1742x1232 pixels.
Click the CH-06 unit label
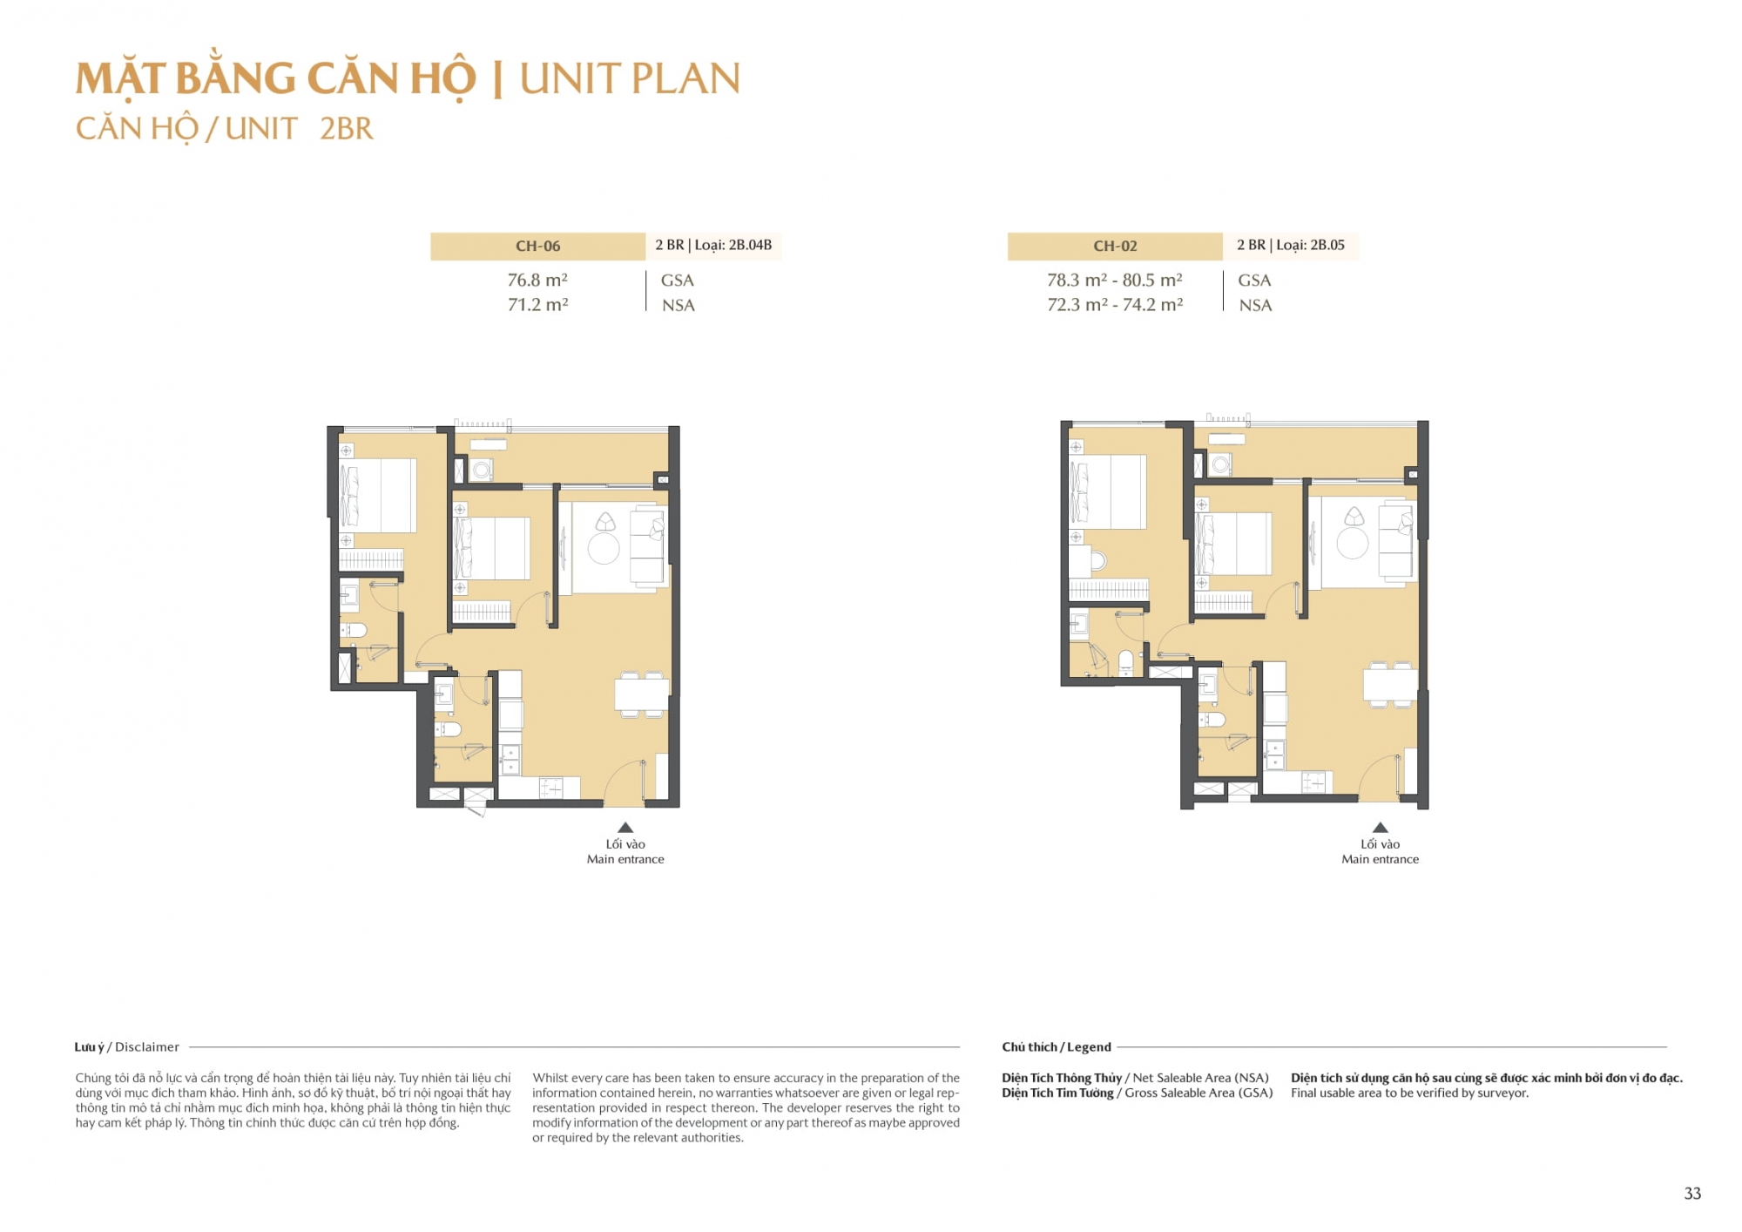537,246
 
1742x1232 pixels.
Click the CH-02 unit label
1115,246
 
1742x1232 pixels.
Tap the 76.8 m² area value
537,280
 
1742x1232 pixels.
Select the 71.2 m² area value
537,304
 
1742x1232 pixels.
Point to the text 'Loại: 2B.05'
1310,245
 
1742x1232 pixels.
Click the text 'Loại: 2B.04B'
733,245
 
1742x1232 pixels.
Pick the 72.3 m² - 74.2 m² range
1115,304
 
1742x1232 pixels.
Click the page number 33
1692,1193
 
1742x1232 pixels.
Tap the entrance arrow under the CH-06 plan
625,827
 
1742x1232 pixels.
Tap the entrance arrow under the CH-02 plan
1380,827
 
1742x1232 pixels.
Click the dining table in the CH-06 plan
641,694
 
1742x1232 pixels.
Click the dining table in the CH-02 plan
1390,684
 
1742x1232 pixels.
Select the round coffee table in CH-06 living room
604,549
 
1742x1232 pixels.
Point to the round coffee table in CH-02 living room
1353,544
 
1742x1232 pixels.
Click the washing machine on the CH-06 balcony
481,470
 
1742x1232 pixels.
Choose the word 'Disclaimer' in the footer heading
147,1046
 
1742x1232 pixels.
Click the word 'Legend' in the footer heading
1089,1046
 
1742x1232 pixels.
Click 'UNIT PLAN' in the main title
630,78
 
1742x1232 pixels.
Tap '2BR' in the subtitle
346,128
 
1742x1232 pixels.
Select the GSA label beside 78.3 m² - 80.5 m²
1254,280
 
